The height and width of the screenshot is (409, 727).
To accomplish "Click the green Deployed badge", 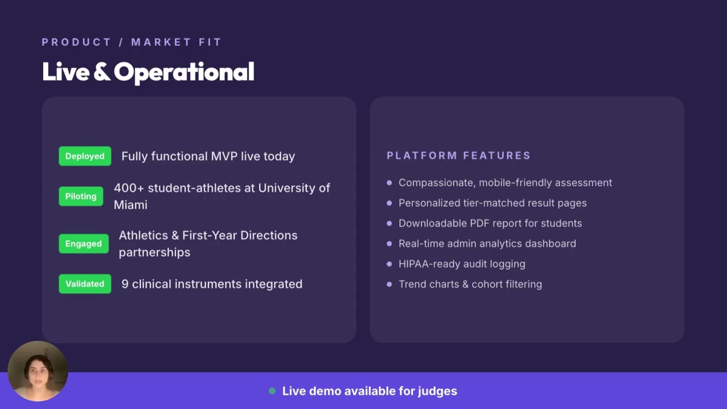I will pyautogui.click(x=85, y=156).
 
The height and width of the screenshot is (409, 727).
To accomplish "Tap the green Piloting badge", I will pyautogui.click(x=81, y=196).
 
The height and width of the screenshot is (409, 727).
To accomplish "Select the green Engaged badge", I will pyautogui.click(x=83, y=244).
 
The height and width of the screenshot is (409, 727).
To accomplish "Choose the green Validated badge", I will pyautogui.click(x=85, y=284).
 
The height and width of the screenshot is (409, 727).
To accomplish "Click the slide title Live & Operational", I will pyautogui.click(x=148, y=72).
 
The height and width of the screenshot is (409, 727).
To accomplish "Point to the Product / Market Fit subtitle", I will pyautogui.click(x=131, y=42).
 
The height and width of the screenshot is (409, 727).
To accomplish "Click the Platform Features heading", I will pyautogui.click(x=458, y=156).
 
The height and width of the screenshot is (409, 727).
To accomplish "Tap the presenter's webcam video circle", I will pyautogui.click(x=38, y=371).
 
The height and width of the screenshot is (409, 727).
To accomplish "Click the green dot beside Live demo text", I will pyautogui.click(x=272, y=391).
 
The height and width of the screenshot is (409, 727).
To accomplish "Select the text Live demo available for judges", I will pyautogui.click(x=369, y=391).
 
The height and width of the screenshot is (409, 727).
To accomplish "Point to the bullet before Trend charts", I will pyautogui.click(x=389, y=284).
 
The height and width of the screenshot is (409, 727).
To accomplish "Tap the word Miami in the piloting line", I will pyautogui.click(x=130, y=204).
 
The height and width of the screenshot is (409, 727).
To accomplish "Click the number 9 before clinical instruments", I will pyautogui.click(x=124, y=284).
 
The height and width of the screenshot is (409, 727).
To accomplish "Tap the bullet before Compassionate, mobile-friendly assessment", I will pyautogui.click(x=389, y=183).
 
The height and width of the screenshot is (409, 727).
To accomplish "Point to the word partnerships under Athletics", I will pyautogui.click(x=154, y=252).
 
